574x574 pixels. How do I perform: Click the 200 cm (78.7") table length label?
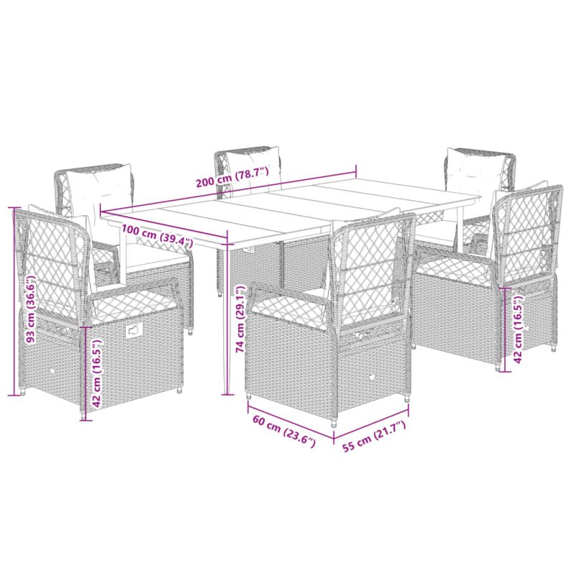232,177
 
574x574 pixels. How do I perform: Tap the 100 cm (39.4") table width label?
157,235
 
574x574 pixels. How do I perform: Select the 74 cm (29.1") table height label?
240,319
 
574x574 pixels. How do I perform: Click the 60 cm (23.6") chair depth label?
284,432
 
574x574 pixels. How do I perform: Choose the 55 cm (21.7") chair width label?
373,436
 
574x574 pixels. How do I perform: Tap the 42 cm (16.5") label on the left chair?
97,373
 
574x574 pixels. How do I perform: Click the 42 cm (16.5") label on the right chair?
518,329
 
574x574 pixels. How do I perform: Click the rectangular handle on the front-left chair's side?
133,331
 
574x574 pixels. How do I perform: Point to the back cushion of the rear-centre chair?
253,169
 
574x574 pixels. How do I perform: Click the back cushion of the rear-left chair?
100,187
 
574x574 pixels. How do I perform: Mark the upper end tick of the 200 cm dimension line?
356,170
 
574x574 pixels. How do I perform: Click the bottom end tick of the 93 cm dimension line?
14,395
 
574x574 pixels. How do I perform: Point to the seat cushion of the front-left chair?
132,304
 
